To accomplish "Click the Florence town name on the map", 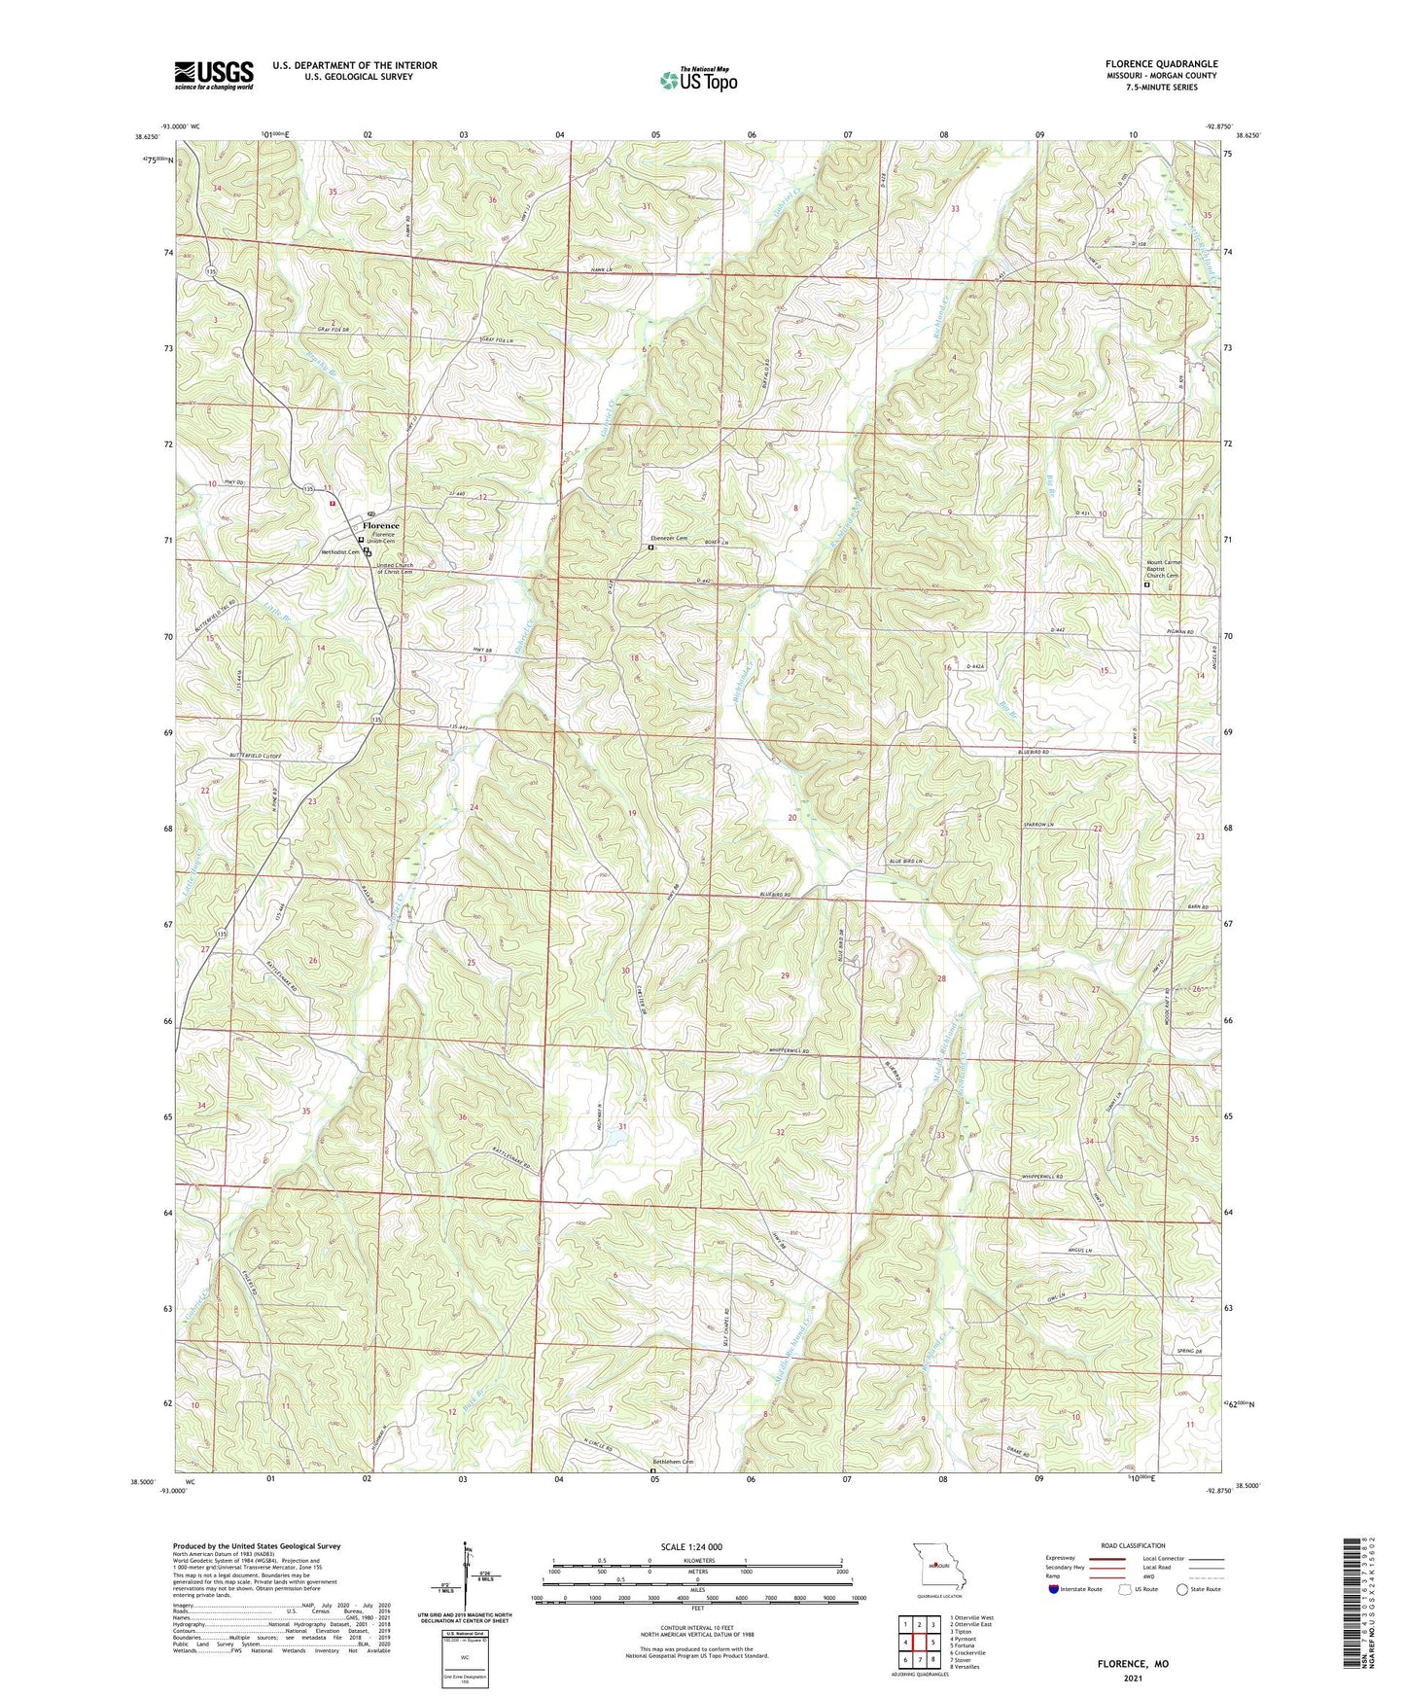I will pyautogui.click(x=381, y=525).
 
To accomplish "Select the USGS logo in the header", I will pyautogui.click(x=214, y=75).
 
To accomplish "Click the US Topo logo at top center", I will pyautogui.click(x=698, y=80).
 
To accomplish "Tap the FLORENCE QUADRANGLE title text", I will pyautogui.click(x=1161, y=64).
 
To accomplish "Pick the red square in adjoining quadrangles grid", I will pyautogui.click(x=919, y=1643).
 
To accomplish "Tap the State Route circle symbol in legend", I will pyautogui.click(x=1182, y=1589).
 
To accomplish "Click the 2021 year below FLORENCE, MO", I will pyautogui.click(x=1133, y=1678).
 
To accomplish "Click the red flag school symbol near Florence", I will pyautogui.click(x=333, y=503).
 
